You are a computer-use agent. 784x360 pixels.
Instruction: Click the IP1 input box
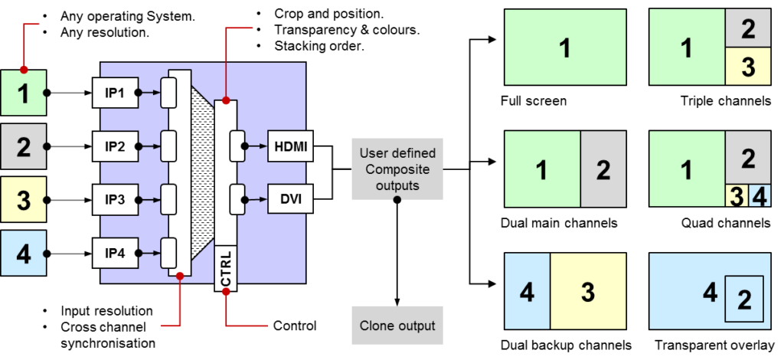coord(115,93)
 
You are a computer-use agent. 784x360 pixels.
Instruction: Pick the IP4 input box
coord(115,251)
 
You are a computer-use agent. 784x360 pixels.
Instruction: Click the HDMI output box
coord(289,146)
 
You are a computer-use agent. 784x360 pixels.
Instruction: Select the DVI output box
coord(289,200)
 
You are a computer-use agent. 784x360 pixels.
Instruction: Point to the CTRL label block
coord(226,269)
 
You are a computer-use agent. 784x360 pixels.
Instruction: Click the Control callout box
coord(295,326)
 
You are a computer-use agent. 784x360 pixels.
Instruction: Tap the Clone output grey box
coord(397,326)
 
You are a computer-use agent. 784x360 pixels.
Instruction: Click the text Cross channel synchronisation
coord(109,335)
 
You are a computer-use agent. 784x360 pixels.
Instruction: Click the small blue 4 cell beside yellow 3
coord(758,196)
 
